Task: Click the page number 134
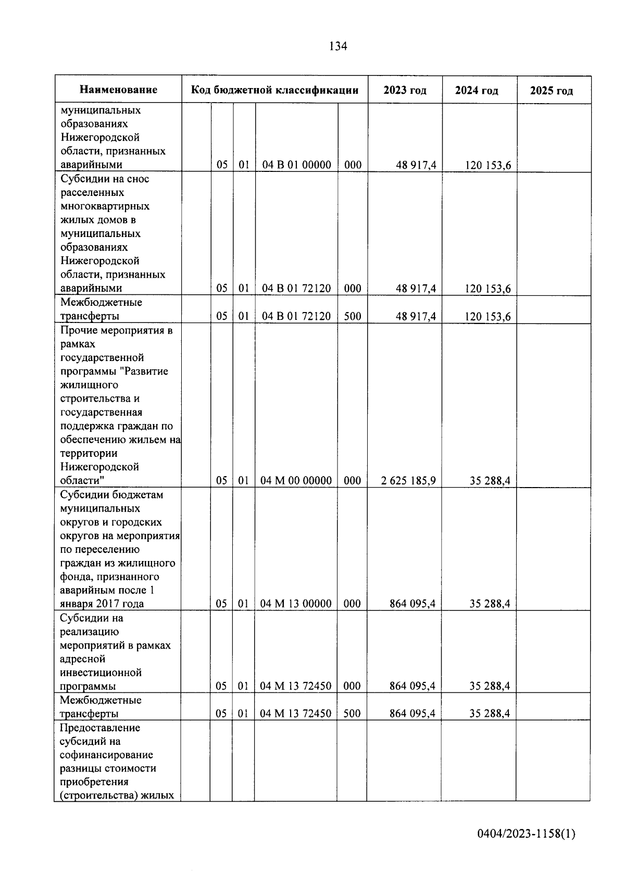[x=338, y=46]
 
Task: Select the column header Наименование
[x=118, y=90]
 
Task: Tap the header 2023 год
[x=405, y=90]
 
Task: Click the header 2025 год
[x=552, y=91]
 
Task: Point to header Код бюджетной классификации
[x=274, y=90]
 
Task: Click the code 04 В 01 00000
[x=296, y=165]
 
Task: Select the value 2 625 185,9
[x=408, y=480]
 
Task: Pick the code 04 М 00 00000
[x=296, y=480]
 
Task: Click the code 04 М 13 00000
[x=296, y=604]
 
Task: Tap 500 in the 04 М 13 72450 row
[x=352, y=713]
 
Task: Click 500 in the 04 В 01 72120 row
[x=353, y=316]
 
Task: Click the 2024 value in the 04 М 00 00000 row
[x=490, y=480]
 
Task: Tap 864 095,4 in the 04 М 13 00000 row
[x=413, y=604]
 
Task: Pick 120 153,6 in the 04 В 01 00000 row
[x=488, y=166]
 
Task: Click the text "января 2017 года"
[x=102, y=604]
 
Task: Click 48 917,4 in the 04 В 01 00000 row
[x=416, y=166]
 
